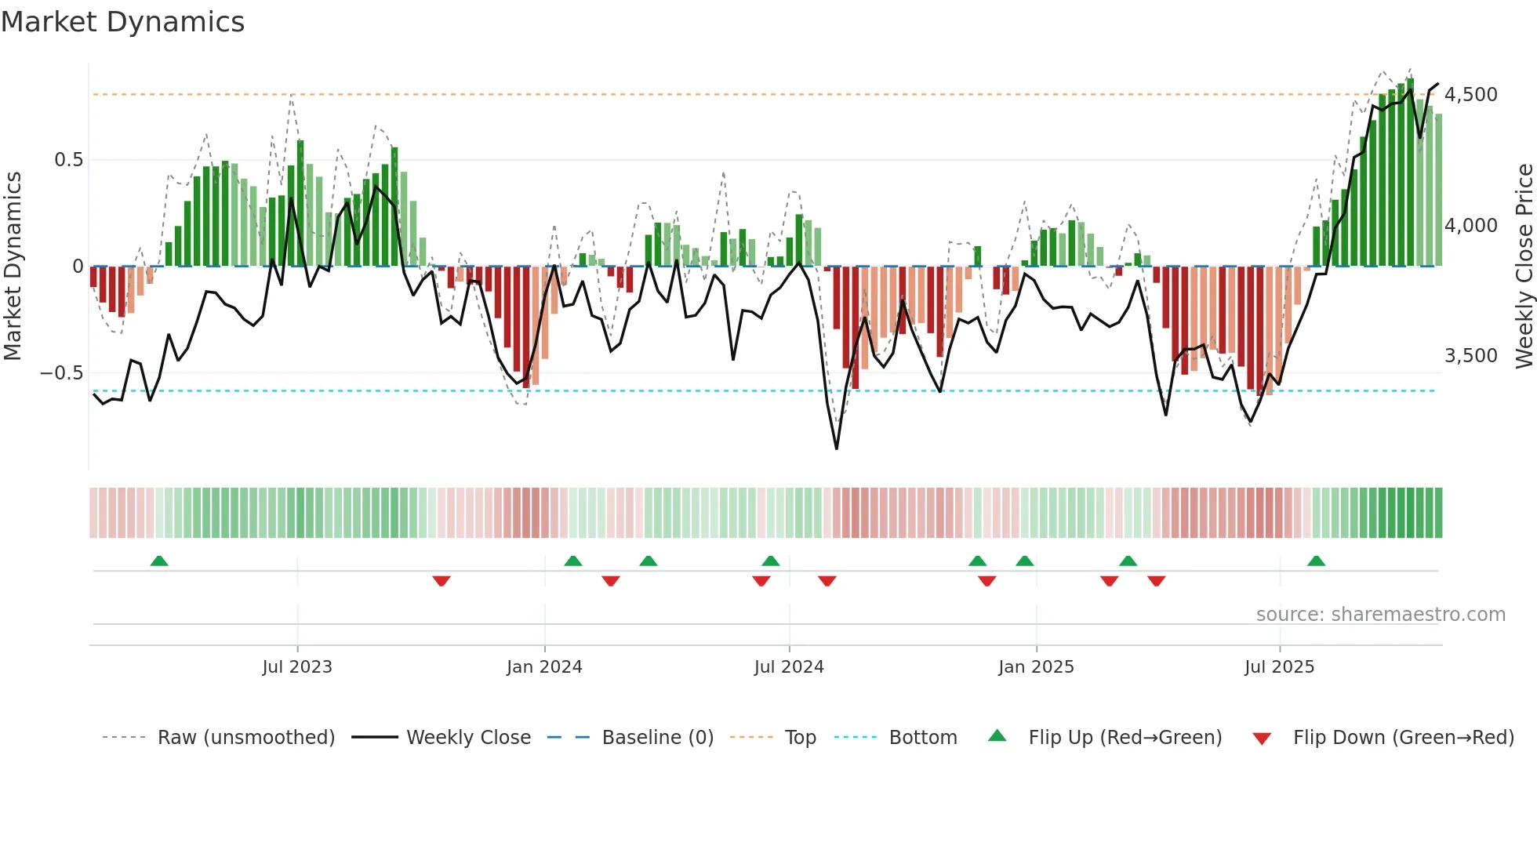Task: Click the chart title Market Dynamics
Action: pos(122,22)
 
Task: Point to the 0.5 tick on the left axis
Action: pos(68,160)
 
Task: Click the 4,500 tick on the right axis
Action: pos(1470,95)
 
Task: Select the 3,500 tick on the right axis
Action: pos(1470,356)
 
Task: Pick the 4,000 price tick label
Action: pos(1470,226)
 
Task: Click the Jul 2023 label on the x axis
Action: pos(297,667)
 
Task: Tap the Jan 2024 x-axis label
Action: pos(544,667)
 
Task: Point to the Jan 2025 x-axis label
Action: pos(1036,667)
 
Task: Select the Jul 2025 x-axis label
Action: pos(1279,667)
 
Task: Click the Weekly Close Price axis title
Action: pos(1524,266)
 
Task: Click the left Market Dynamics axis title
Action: pos(13,266)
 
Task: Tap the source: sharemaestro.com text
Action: pos(1380,615)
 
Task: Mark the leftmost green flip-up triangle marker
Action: pos(159,561)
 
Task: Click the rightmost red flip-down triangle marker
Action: pos(1156,581)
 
